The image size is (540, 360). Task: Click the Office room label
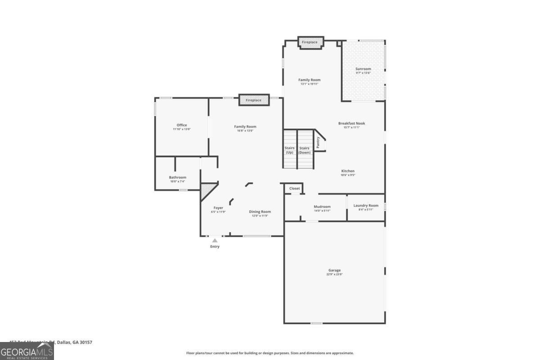[x=182, y=125]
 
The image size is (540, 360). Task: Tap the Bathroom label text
[x=177, y=177]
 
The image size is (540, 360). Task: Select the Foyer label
[x=218, y=208]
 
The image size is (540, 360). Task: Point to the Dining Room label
[x=260, y=211]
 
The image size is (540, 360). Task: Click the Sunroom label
[x=363, y=69]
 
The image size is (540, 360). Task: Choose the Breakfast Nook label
[x=352, y=123]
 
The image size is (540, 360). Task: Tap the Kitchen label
[x=348, y=171]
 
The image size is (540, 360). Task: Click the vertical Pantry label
[x=318, y=143]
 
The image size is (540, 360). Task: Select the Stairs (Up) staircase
[x=289, y=150]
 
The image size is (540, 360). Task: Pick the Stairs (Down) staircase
[x=305, y=150]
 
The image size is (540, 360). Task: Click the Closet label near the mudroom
[x=294, y=189]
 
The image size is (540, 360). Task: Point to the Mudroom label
[x=322, y=207]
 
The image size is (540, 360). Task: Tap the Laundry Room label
[x=366, y=206]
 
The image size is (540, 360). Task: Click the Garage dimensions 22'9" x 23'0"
[x=334, y=274]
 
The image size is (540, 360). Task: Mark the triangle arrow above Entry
[x=215, y=240]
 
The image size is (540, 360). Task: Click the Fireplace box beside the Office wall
[x=254, y=100]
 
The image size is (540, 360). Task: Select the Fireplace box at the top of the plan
[x=310, y=42]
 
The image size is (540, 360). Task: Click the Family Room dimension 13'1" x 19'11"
[x=310, y=84]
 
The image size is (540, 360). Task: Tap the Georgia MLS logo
[x=27, y=351]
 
